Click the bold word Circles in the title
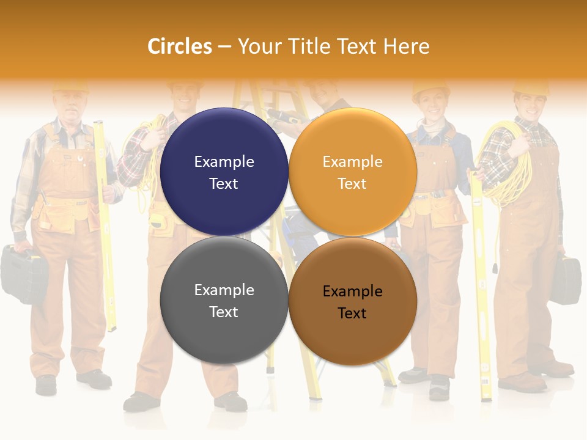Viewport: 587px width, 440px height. click(x=180, y=46)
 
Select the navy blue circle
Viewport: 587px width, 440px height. click(x=224, y=172)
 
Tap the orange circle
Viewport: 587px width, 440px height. click(x=353, y=172)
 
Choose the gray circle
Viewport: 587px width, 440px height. click(x=224, y=300)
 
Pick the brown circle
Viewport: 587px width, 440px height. click(x=353, y=301)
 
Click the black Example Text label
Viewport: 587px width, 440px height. click(x=352, y=302)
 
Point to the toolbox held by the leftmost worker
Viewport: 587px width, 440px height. click(x=23, y=273)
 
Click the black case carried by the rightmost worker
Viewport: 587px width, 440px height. click(x=566, y=280)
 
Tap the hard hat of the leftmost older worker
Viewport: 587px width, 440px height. click(x=70, y=87)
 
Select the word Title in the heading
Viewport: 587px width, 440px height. click(x=306, y=46)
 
